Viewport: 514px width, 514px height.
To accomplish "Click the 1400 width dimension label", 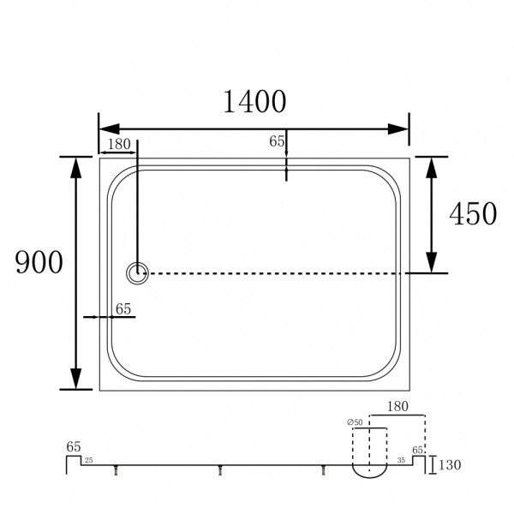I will (254, 101).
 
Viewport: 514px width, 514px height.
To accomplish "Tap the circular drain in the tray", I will (137, 274).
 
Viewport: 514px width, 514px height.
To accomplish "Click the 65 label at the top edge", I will (276, 142).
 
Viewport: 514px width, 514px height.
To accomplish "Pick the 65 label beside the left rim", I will (123, 310).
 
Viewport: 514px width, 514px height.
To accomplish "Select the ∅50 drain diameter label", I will (356, 421).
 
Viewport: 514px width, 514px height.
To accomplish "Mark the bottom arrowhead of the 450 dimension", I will (433, 263).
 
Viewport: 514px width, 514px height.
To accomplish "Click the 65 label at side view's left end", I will (73, 446).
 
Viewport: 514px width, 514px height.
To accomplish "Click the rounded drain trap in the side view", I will (369, 469).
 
